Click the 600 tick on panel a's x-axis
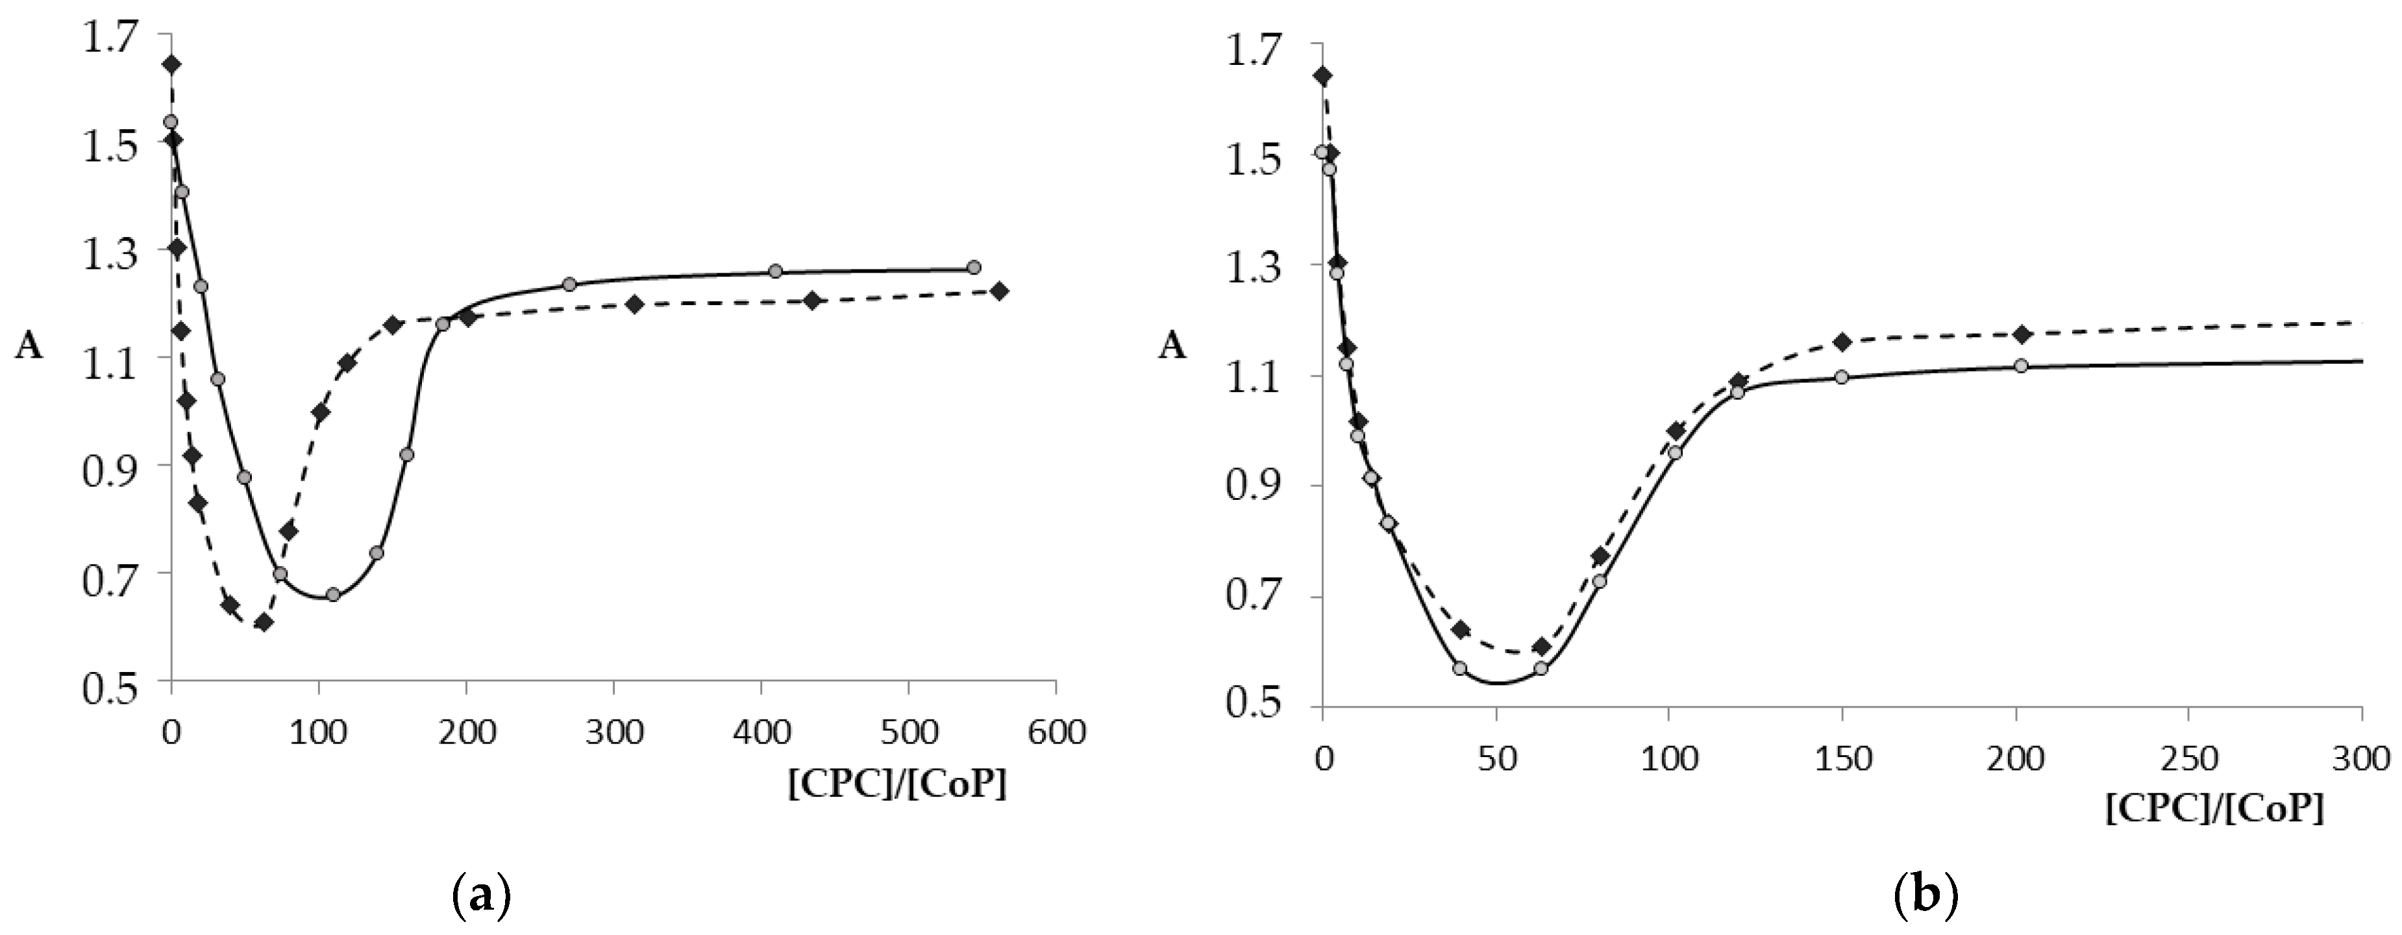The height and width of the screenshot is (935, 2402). pyautogui.click(x=1056, y=732)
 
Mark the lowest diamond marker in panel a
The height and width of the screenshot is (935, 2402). pyautogui.click(x=264, y=622)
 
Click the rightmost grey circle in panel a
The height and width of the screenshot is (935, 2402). pyautogui.click(x=974, y=268)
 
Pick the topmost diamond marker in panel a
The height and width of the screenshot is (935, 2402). pyautogui.click(x=171, y=64)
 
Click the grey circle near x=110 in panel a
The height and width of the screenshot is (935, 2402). pyautogui.click(x=333, y=594)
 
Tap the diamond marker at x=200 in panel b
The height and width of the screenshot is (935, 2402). pyautogui.click(x=2021, y=334)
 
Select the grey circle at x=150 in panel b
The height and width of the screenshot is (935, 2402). pyautogui.click(x=1842, y=377)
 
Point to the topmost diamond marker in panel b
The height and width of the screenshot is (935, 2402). pyautogui.click(x=1323, y=75)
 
